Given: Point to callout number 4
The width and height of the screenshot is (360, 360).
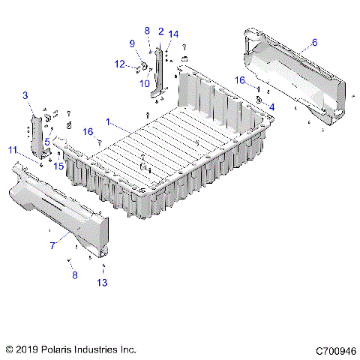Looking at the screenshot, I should pos(271,107).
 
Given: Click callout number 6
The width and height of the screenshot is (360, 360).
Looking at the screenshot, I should pos(314,43).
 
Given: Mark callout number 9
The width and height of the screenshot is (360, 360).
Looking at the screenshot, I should pos(132,43).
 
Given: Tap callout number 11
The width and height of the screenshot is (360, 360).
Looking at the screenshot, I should pos(13,151).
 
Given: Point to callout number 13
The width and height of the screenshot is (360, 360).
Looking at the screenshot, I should pos(102,282).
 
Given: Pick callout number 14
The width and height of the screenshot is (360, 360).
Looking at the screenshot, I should pos(174,34).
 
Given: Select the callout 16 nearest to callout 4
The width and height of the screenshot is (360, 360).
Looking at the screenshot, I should pos(241,79).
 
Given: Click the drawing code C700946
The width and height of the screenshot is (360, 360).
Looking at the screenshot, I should pos(334,350).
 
